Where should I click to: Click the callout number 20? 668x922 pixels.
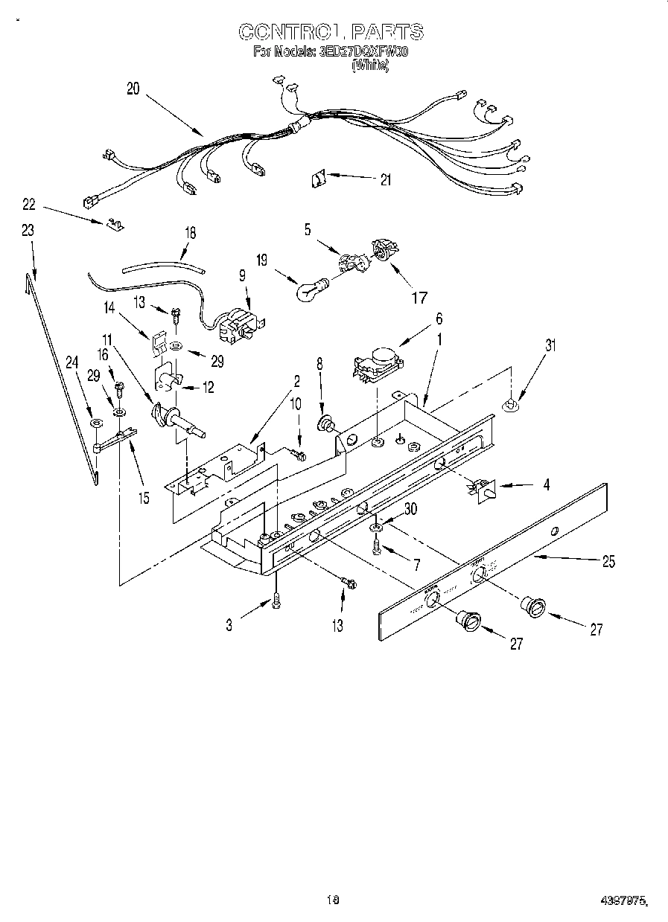[133, 89]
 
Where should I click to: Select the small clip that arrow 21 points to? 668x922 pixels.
[318, 179]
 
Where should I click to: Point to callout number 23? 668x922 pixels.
[28, 231]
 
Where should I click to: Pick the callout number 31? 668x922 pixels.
[550, 345]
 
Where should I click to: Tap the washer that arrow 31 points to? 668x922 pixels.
[510, 405]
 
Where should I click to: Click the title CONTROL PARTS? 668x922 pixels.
[331, 31]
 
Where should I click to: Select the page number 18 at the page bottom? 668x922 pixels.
[333, 900]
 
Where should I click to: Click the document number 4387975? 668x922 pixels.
[624, 901]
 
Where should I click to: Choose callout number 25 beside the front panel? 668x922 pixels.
[608, 562]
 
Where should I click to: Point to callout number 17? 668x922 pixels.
[420, 298]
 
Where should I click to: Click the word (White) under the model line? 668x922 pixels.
[369, 65]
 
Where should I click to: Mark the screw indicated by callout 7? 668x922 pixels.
[377, 548]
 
